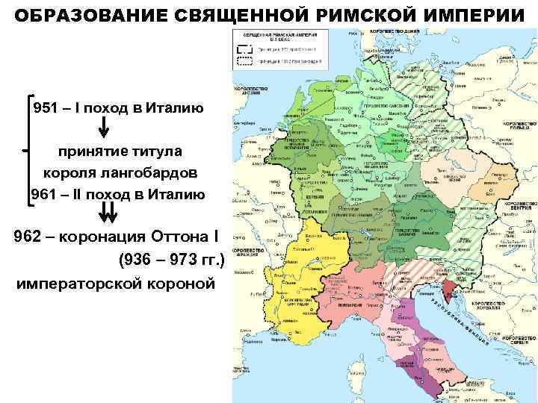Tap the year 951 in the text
click(46, 107)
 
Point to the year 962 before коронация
click(29, 237)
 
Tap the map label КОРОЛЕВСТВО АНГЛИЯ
click(250, 92)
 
